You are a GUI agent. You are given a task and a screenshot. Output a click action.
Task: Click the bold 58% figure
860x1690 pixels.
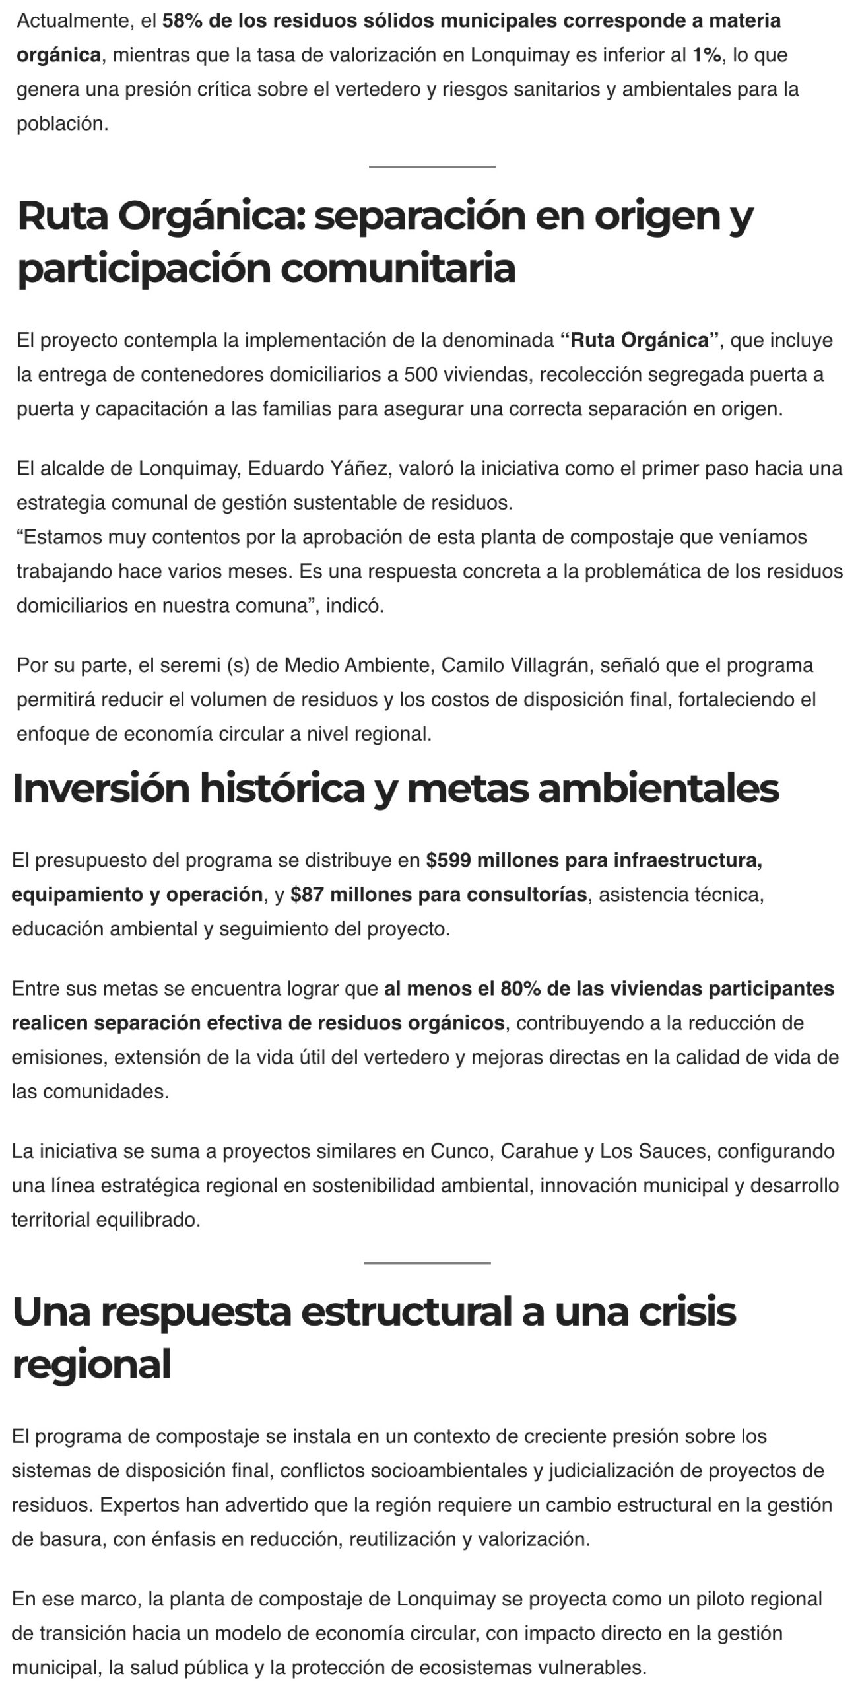pos(182,21)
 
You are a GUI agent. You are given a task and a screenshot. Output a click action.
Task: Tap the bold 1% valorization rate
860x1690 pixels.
pos(706,55)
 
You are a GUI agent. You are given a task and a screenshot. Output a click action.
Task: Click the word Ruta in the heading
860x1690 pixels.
pos(63,215)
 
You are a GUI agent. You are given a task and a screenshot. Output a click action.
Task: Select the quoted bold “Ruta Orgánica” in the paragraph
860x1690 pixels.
pos(639,341)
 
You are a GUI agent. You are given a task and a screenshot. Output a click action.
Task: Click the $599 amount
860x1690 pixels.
pos(447,860)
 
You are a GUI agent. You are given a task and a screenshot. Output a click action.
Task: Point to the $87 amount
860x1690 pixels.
pos(307,895)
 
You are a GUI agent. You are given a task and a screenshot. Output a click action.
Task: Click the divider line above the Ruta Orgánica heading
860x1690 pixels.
pos(432,167)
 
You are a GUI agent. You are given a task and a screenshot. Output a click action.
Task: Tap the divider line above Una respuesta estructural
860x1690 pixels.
pos(427,1263)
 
